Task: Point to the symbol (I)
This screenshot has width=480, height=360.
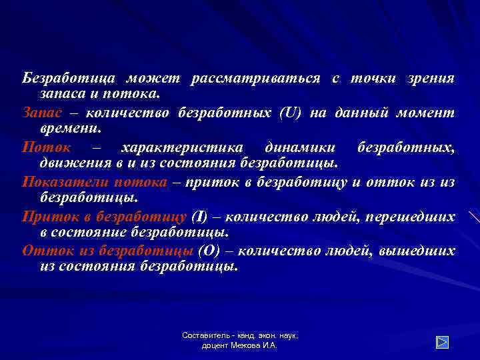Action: [200, 217]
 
